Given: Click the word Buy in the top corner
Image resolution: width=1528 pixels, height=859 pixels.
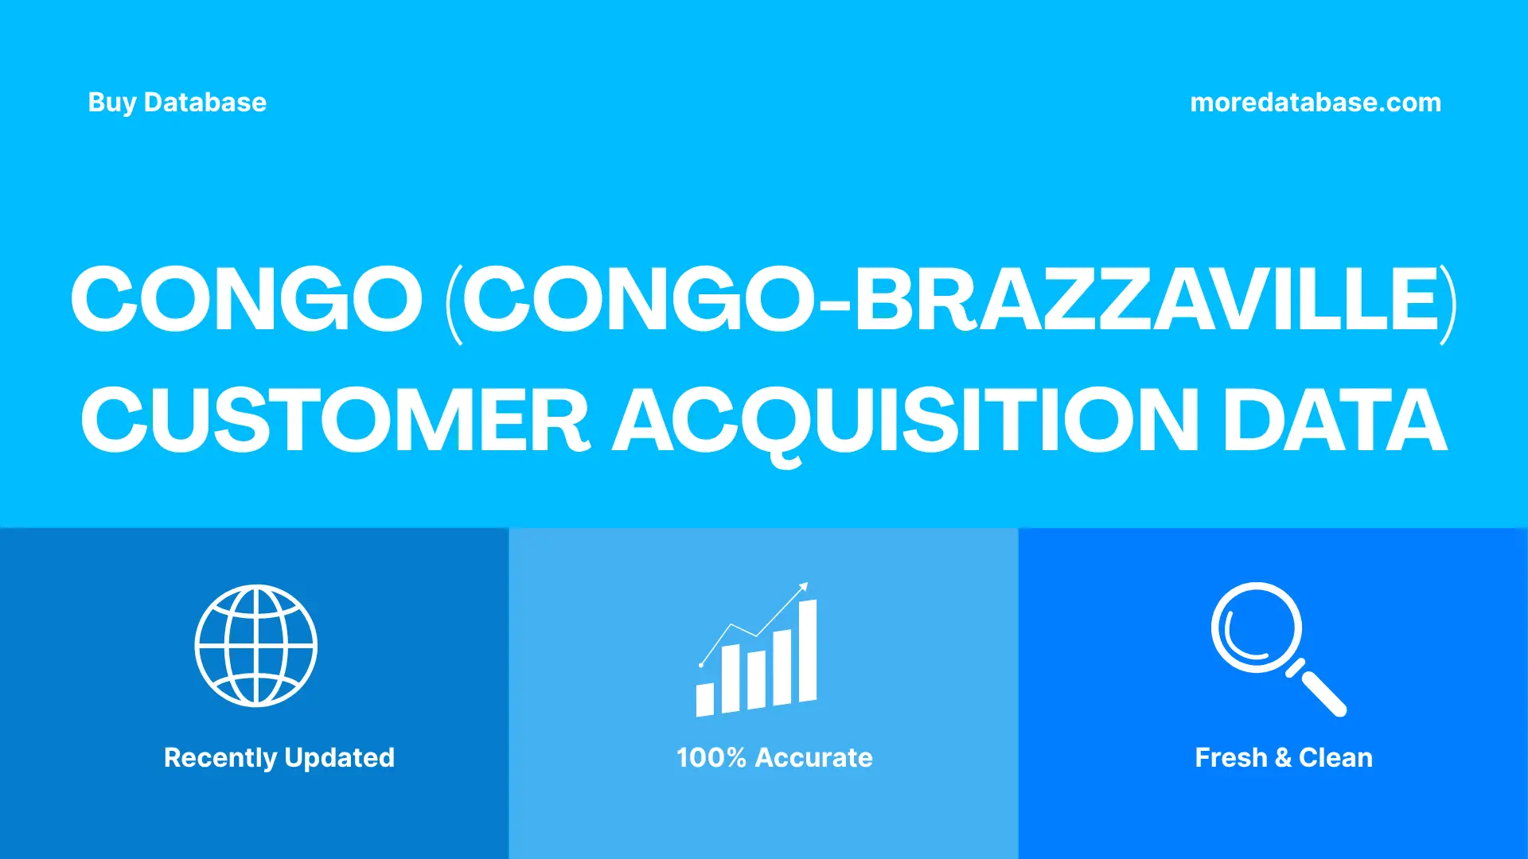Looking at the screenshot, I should pos(111,103).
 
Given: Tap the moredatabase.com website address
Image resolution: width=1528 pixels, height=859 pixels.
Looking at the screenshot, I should pos(1315,103).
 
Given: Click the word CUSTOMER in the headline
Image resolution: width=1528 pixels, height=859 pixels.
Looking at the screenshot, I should pos(334,420).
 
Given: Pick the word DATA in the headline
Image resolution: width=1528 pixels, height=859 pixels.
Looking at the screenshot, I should pos(1335,420).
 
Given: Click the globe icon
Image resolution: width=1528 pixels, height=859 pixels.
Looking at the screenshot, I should pos(256,646).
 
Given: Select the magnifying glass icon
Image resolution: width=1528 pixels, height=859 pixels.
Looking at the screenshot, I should pos(1277,648).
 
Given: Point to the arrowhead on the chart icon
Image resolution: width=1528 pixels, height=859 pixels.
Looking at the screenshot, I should pos(804,587).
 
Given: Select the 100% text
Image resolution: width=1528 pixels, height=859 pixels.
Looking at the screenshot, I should pos(711,758).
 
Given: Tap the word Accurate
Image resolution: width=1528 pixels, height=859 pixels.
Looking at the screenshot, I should pos(813,758).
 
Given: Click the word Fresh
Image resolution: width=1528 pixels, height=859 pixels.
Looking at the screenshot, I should pos(1230,758).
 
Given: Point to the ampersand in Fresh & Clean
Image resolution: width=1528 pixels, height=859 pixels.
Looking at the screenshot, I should pos(1283,758).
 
